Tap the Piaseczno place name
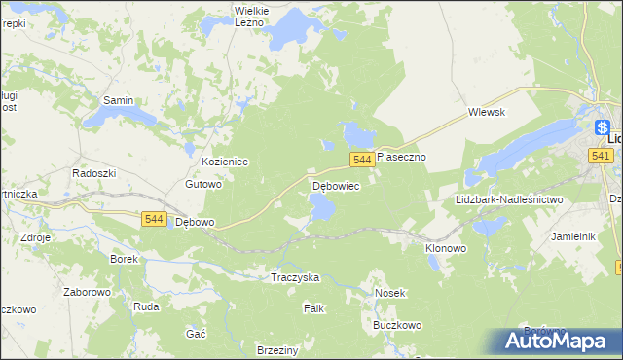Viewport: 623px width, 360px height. pos(402,156)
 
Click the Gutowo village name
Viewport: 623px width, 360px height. pos(204,184)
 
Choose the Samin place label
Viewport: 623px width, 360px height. pos(118,100)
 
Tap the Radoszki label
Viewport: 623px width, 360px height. pos(94,172)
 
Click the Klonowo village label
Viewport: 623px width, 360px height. pos(446,248)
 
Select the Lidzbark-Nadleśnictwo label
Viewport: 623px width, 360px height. pos(509,199)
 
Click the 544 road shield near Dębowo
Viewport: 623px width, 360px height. pos(153,220)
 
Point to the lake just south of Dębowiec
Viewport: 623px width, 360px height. pos(321,206)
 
